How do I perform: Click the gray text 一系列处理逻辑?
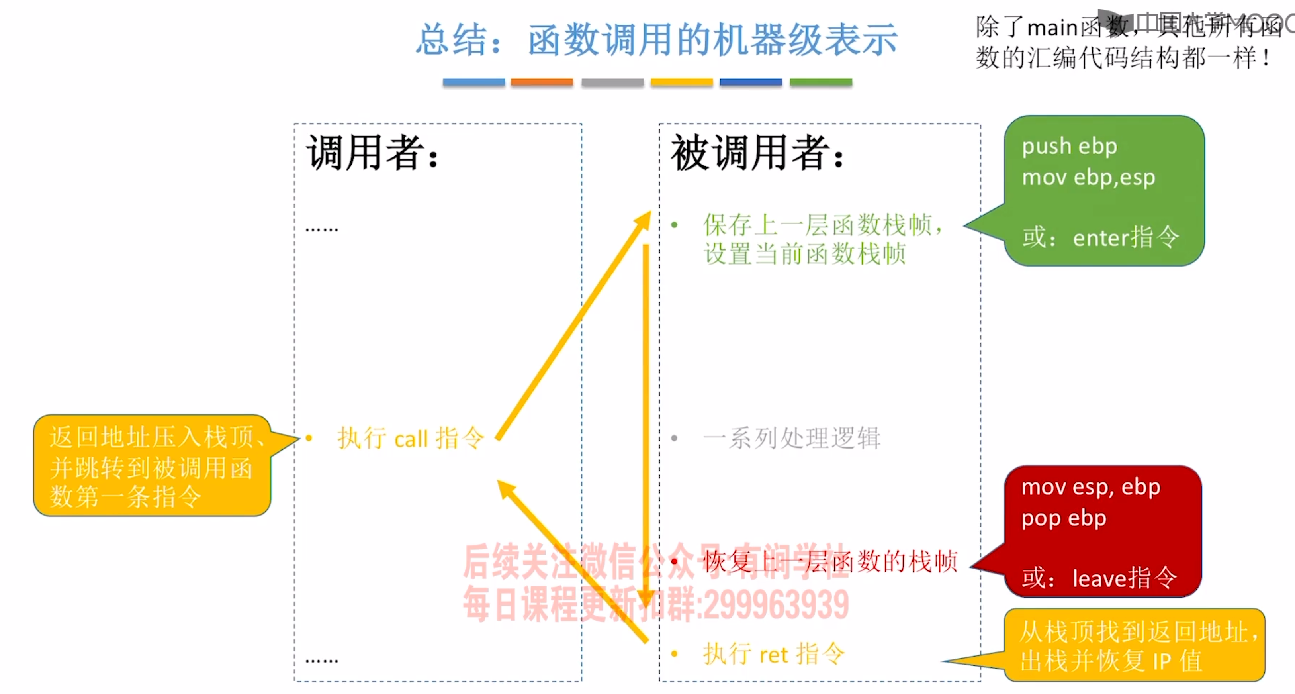pyautogui.click(x=791, y=439)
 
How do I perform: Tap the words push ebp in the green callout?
pyautogui.click(x=1069, y=146)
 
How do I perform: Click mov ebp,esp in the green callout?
pyautogui.click(x=1088, y=178)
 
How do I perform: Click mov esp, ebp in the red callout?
pyautogui.click(x=1090, y=487)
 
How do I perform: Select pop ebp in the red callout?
pyautogui.click(x=1064, y=518)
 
